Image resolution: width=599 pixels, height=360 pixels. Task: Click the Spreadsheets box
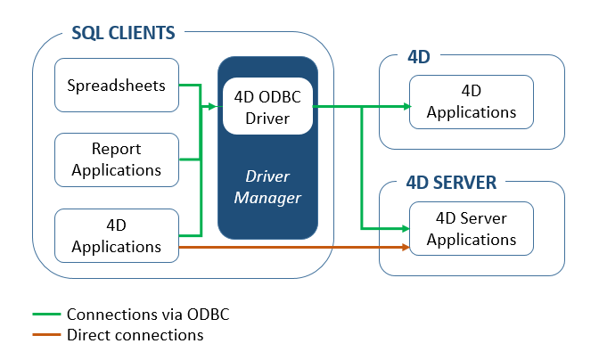117,86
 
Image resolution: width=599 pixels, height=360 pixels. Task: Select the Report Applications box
117,160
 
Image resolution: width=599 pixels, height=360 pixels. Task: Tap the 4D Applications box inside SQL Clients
117,235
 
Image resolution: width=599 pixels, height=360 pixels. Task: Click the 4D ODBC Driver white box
267,107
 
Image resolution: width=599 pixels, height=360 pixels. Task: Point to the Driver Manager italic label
267,186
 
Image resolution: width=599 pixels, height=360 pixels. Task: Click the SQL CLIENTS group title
123,34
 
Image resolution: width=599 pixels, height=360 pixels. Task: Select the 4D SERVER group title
450,183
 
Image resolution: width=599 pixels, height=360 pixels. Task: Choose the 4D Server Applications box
471,228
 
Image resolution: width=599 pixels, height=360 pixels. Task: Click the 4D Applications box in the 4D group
471,102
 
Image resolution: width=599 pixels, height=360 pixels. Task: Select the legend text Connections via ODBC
153,315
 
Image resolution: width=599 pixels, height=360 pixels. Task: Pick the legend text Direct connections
135,336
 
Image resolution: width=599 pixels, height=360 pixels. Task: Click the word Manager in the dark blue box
267,196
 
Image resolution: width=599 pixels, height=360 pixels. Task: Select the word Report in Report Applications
117,150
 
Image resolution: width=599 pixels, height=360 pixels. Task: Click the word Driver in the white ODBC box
267,118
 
